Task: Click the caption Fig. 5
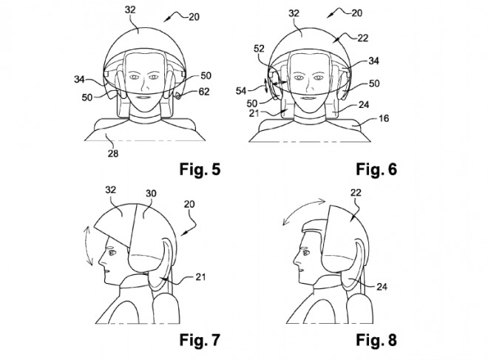pos(200,169)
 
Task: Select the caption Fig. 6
pos(376,169)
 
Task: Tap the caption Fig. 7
pos(200,339)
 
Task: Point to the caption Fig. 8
pos(376,339)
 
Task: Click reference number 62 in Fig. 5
pos(204,92)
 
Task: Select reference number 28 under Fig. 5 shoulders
pos(113,153)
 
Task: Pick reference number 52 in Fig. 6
pos(259,49)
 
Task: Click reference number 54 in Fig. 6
pos(241,91)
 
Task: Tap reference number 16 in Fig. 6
pos(384,118)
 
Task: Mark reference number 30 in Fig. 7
pos(151,194)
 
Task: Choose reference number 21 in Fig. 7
pos(200,276)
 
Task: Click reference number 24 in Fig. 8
pos(382,287)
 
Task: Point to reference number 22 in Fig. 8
pos(356,193)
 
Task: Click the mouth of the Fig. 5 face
pos(143,98)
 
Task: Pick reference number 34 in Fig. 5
pos(79,80)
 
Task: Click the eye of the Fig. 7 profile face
pos(112,253)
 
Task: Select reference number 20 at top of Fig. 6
pos(357,13)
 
